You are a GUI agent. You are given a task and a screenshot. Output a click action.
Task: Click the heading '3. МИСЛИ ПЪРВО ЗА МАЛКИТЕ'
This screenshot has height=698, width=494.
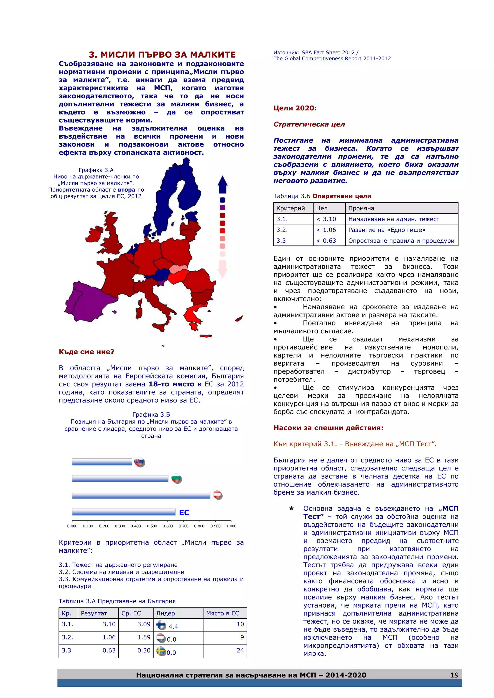(162, 55)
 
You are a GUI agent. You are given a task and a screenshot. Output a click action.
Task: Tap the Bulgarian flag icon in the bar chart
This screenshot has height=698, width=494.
(176, 478)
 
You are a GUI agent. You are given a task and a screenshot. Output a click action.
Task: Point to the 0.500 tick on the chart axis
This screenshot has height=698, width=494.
(152, 526)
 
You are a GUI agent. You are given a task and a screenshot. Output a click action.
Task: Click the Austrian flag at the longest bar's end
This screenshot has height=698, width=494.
(218, 495)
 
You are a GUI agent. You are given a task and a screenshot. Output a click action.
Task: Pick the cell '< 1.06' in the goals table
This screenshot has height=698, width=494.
(326, 230)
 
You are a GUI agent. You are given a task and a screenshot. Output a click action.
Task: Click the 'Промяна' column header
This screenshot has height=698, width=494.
(361, 208)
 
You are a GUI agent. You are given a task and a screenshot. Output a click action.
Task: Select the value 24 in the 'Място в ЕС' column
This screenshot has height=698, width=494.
(240, 650)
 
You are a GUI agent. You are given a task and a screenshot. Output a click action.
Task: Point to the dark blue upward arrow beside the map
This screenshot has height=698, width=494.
(223, 185)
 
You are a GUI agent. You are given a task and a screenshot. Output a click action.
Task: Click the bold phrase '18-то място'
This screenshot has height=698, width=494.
(171, 384)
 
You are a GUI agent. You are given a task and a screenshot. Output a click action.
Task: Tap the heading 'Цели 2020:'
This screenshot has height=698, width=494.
(295, 108)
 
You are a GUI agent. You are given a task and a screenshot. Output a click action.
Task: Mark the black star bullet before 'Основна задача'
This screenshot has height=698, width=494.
(291, 508)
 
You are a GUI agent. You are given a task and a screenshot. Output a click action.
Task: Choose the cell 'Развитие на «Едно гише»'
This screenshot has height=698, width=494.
(387, 230)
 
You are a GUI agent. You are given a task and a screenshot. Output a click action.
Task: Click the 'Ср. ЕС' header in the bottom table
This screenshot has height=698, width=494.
(131, 613)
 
